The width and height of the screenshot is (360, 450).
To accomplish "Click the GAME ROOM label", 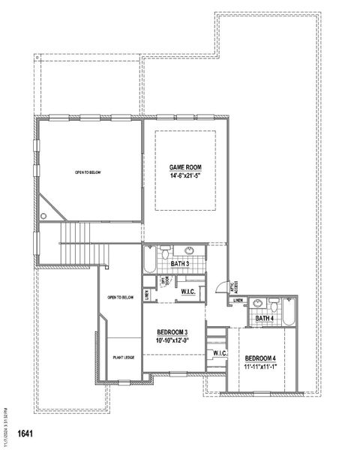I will [185, 167].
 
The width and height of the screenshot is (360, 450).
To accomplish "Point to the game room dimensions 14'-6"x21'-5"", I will [185, 175].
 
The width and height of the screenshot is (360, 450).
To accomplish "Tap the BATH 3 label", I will [179, 264].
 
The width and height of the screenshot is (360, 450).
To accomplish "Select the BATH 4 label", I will [264, 319].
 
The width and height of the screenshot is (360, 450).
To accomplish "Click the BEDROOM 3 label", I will [172, 332].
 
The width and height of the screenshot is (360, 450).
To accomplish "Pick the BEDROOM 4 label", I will [260, 358].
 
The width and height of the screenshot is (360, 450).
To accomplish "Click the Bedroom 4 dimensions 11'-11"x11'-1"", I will [260, 367].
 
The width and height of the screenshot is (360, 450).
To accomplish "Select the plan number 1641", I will [25, 433].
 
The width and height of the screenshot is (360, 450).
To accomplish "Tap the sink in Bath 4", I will [259, 303].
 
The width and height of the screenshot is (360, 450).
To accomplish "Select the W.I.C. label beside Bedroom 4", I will [220, 353].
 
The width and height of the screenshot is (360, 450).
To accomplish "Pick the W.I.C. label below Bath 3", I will [188, 291].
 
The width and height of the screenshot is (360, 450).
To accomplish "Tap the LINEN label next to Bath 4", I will [238, 301].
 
